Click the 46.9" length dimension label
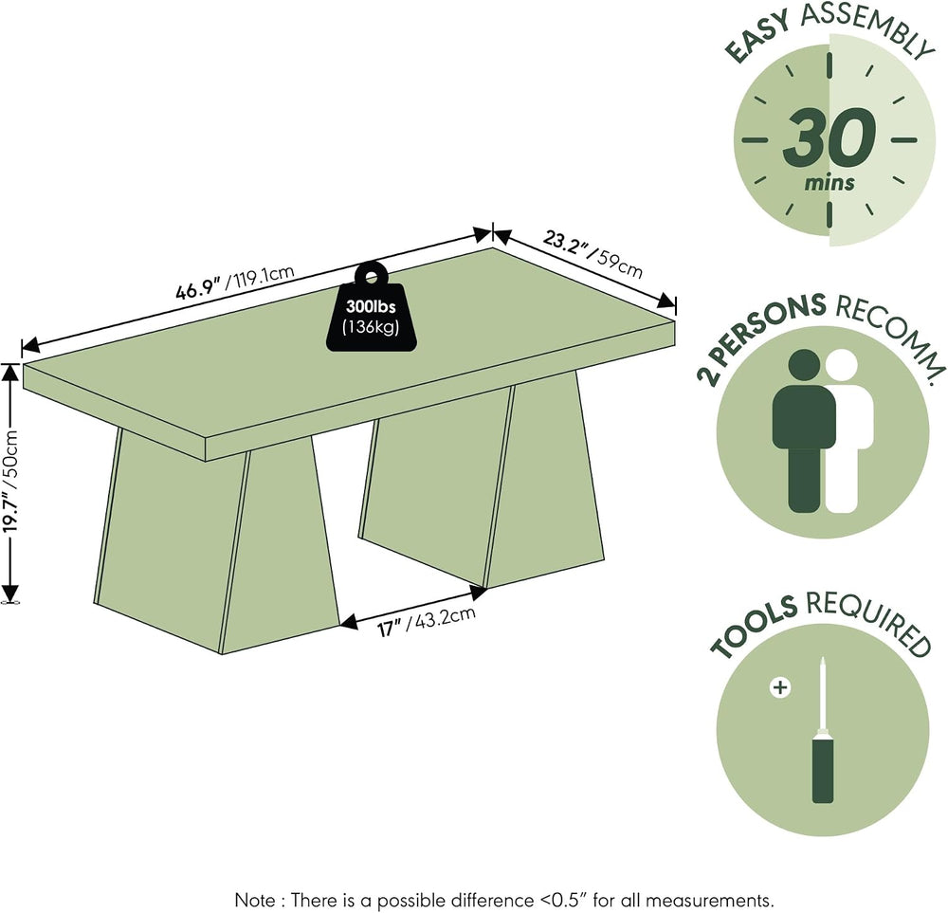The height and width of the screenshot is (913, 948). click(x=234, y=283)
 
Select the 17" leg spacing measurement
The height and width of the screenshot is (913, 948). click(x=427, y=622)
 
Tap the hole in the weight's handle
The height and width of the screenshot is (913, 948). click(x=372, y=278)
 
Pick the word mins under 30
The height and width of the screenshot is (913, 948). click(x=829, y=182)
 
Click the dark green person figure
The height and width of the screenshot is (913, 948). click(x=804, y=430)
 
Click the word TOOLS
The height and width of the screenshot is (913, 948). click(x=754, y=625)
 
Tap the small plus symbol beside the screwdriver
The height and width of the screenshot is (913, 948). click(x=780, y=687)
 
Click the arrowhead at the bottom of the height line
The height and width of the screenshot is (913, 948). click(x=10, y=593)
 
